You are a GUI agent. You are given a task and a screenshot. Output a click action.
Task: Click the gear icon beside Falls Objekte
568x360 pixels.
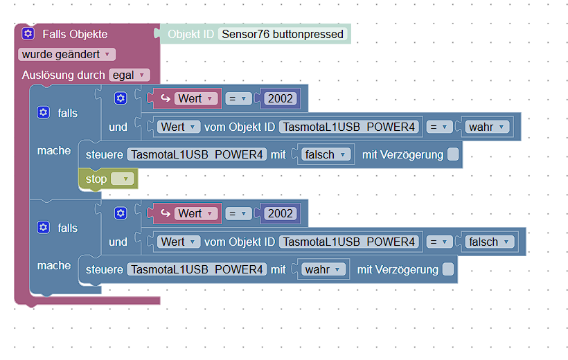coord(28,34)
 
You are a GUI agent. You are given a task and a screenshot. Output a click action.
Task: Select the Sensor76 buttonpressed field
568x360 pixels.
coord(283,34)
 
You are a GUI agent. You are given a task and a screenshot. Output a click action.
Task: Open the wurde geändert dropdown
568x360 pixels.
coord(66,54)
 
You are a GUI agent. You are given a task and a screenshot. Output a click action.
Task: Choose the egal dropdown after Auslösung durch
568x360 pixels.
coord(130,75)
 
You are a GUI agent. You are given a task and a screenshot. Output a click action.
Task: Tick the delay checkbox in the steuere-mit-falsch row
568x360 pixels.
coord(453,154)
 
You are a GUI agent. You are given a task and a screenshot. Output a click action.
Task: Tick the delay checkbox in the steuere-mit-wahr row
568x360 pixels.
coord(448,269)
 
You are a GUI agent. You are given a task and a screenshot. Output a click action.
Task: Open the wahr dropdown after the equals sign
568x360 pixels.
coord(487,127)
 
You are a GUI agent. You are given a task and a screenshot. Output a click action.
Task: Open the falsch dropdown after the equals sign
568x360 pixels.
coord(490,242)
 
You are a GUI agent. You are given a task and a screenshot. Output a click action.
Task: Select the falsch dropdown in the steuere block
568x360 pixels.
coord(326,154)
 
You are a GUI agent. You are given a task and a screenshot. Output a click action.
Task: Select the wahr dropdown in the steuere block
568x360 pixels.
coord(323,269)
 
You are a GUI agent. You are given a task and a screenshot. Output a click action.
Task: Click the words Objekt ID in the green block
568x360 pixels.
coord(190,34)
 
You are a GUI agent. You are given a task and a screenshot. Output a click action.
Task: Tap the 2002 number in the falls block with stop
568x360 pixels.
coord(281,98)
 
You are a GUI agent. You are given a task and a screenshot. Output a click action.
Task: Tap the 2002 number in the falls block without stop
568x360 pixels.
coord(281,213)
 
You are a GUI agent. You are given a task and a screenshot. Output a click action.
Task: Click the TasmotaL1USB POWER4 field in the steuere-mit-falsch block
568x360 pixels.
coord(197,154)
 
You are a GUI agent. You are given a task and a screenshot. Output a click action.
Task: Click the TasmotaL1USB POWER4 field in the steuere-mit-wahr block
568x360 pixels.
coord(197,269)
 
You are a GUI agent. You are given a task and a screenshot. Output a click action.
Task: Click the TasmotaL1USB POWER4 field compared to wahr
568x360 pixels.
coord(349,127)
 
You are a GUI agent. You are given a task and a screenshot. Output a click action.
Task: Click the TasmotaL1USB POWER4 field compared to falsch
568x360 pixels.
coord(349,242)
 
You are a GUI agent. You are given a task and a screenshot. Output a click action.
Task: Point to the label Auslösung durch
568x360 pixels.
coord(64,75)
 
